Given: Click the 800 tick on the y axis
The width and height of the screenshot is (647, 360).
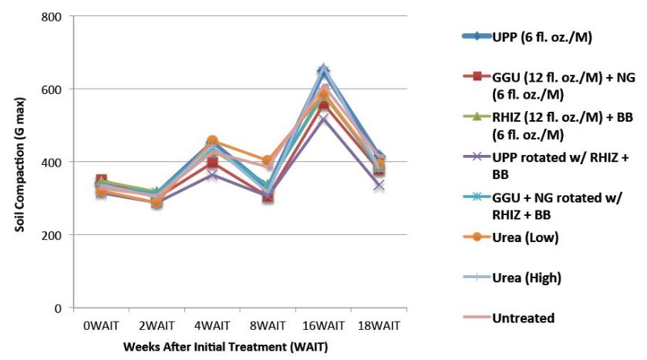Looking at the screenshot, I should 51,16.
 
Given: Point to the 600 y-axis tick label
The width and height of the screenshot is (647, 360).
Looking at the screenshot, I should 51,89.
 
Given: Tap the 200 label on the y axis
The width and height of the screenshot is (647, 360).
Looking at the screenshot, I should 51,235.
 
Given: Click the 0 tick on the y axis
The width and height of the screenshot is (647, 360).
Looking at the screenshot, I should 58,308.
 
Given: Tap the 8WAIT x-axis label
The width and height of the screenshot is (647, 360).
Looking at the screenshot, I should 267,326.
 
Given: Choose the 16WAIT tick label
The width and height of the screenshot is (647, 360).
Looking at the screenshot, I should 322,326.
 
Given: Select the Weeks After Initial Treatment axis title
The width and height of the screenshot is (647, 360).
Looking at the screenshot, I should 226,347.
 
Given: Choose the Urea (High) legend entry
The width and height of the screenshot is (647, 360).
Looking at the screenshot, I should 527,277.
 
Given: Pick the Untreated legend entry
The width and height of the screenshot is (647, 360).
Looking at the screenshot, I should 524,317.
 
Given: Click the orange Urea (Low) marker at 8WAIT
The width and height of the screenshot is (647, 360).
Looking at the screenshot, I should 267,161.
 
